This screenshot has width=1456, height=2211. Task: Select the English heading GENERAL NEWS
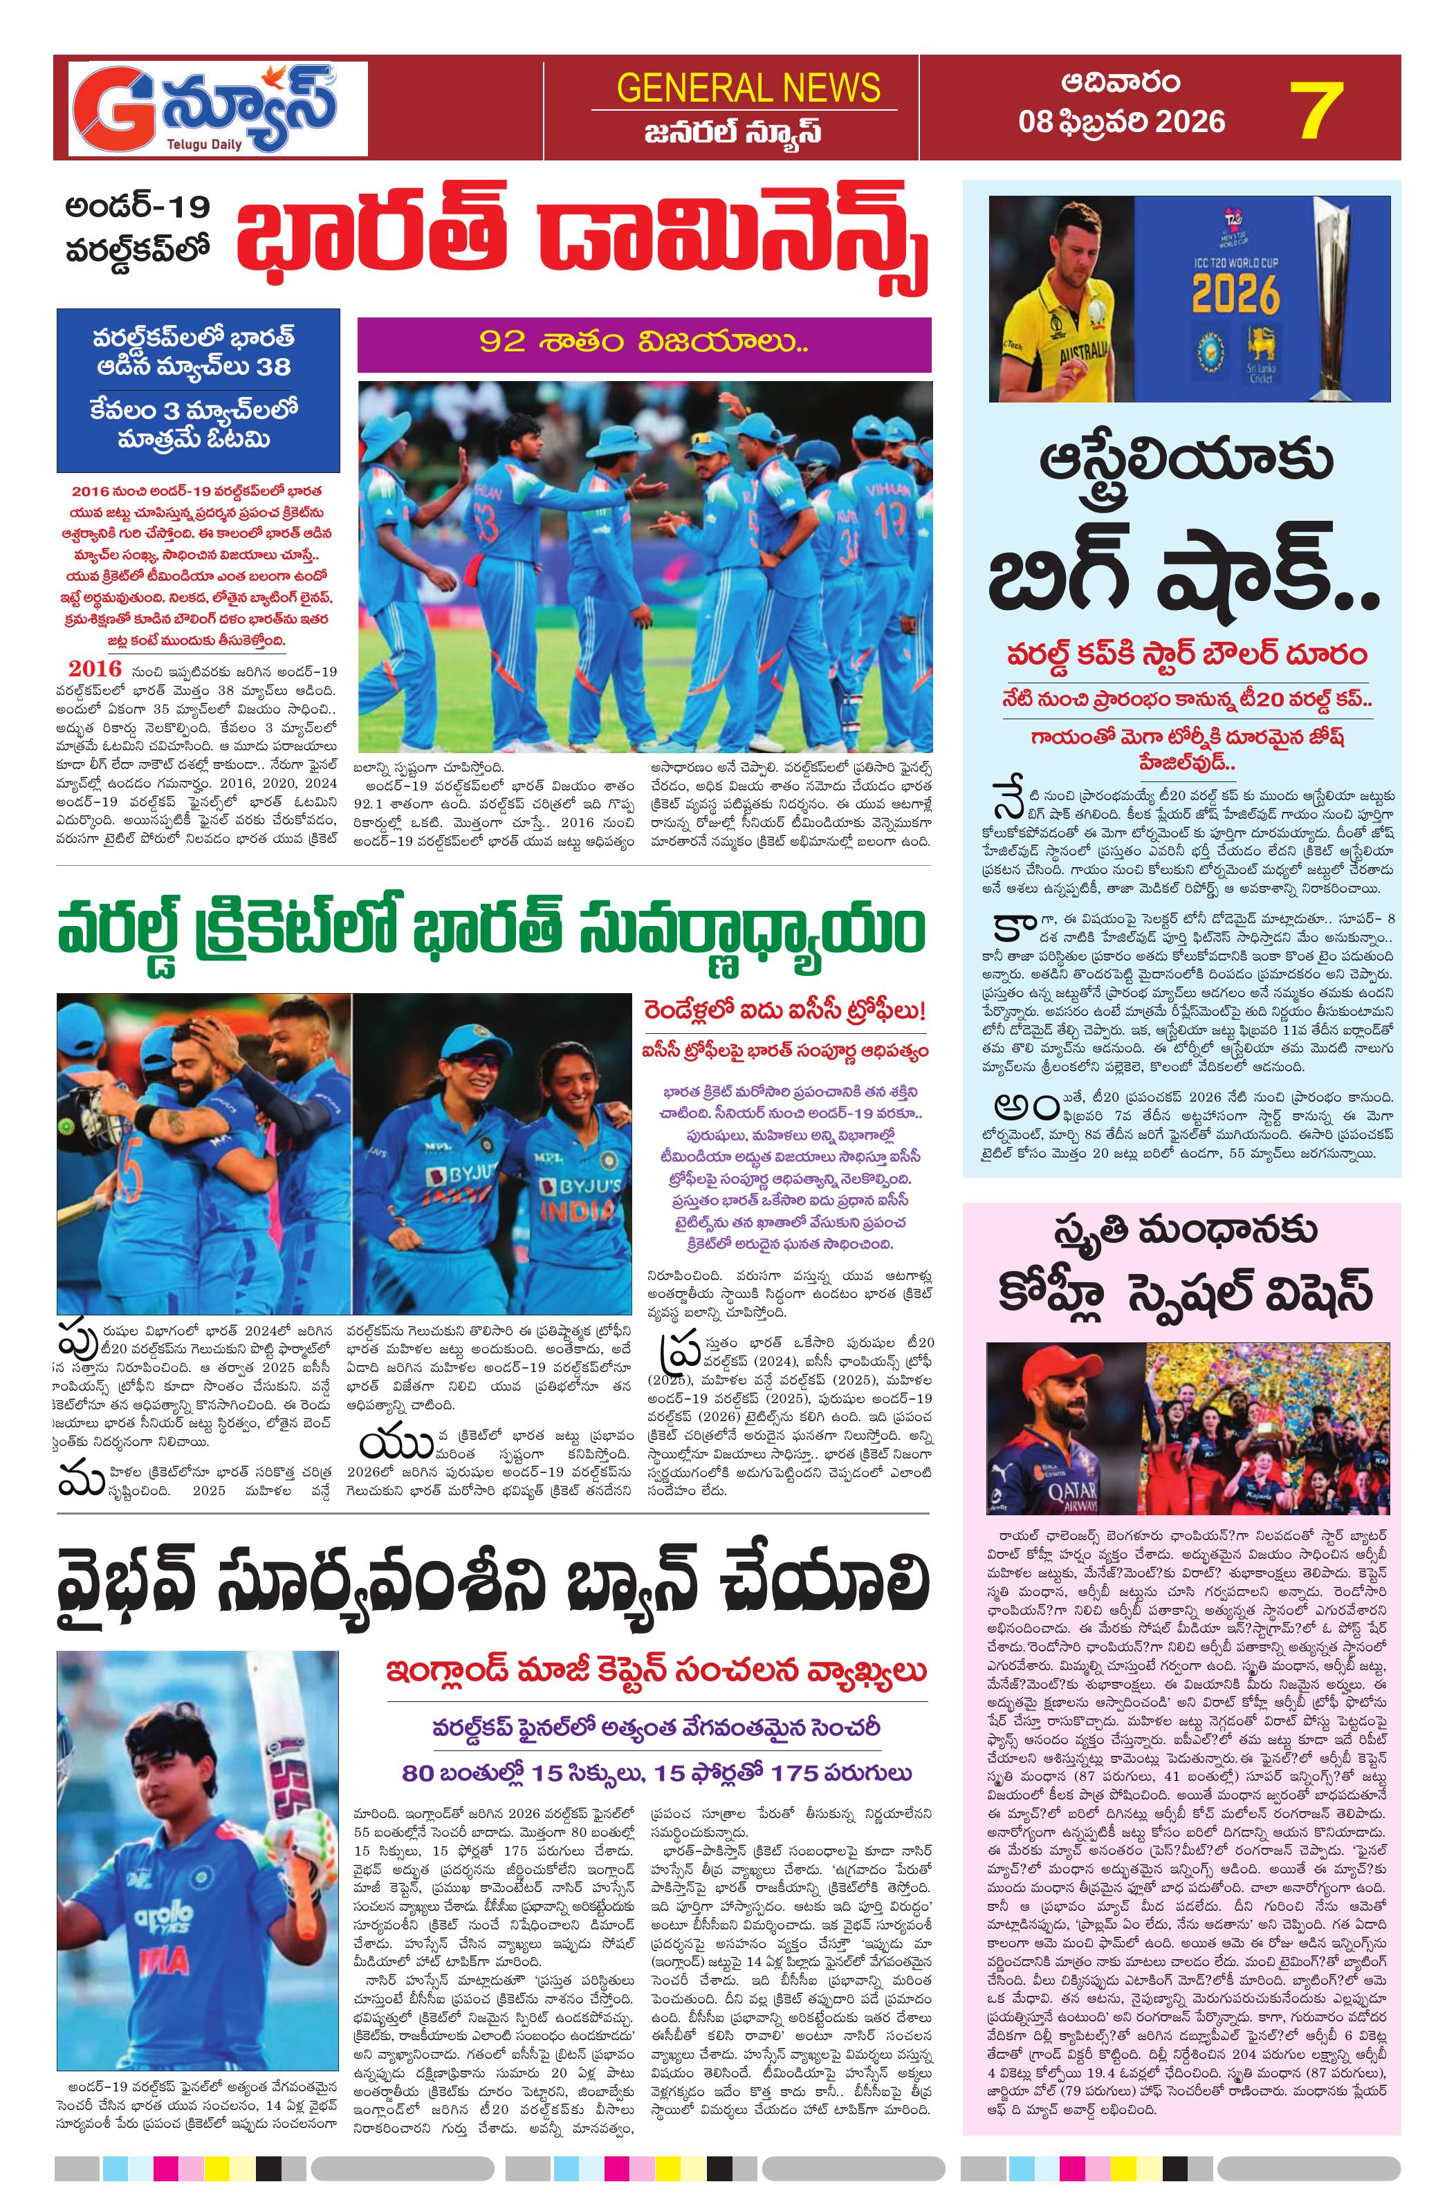click(x=748, y=89)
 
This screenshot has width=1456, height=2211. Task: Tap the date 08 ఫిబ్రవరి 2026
click(x=1121, y=122)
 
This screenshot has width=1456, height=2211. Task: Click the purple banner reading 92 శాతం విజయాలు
click(x=644, y=344)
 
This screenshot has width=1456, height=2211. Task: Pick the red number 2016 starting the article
click(x=95, y=669)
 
